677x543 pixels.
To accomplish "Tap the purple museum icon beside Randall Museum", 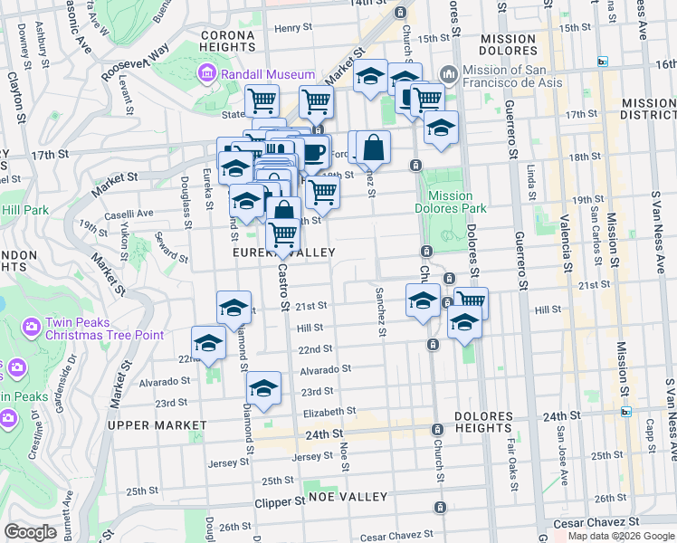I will (x=207, y=72).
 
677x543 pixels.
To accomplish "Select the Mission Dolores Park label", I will (x=450, y=202).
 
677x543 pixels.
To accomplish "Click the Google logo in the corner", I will (x=31, y=532).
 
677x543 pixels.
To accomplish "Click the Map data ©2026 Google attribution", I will (x=619, y=536).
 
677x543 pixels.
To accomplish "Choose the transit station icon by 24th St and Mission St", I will (x=625, y=412).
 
